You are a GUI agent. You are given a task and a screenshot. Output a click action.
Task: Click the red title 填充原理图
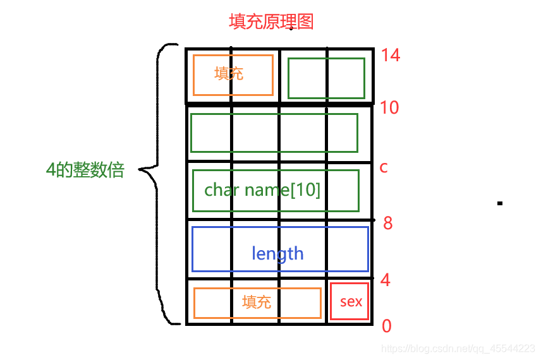pyautogui.click(x=270, y=22)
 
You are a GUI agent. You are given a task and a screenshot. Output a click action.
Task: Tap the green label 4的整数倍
pyautogui.click(x=85, y=170)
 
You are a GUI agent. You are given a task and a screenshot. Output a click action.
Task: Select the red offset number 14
pyautogui.click(x=391, y=56)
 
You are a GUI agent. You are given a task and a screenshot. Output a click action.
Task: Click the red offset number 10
pyautogui.click(x=389, y=107)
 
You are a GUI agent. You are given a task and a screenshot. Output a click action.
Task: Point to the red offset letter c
pyautogui.click(x=383, y=167)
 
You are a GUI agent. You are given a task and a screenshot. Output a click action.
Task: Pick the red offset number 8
pyautogui.click(x=388, y=223)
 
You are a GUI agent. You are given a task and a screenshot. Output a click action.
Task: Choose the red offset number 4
pyautogui.click(x=386, y=280)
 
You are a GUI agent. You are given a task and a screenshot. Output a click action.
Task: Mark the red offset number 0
pyautogui.click(x=387, y=326)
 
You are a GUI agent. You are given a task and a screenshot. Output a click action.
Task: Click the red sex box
pyautogui.click(x=350, y=301)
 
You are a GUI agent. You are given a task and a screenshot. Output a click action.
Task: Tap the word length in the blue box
pyautogui.click(x=277, y=254)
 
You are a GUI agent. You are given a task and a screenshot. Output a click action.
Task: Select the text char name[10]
pyautogui.click(x=262, y=190)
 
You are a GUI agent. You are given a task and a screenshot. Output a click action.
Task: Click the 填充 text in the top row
pyautogui.click(x=229, y=74)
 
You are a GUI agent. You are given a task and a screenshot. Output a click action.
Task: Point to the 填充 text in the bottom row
pyautogui.click(x=257, y=302)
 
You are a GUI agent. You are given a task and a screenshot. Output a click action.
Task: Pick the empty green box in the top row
pyautogui.click(x=326, y=78)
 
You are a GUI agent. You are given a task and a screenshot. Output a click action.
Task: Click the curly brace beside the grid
pyautogui.click(x=158, y=183)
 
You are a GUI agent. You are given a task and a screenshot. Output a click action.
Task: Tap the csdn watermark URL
pyautogui.click(x=460, y=349)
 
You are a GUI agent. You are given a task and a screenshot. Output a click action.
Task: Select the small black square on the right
pyautogui.click(x=500, y=203)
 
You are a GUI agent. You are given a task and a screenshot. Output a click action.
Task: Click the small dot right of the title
pyautogui.click(x=291, y=28)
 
